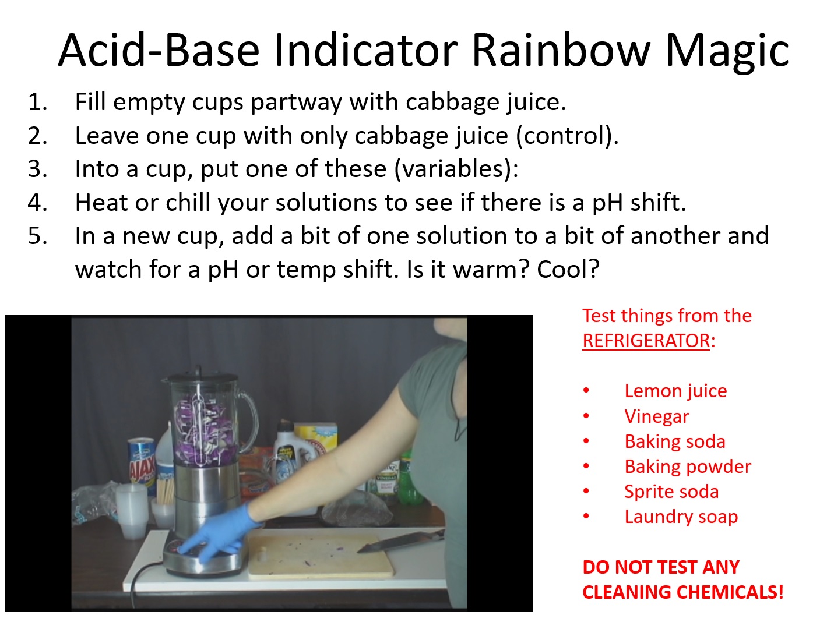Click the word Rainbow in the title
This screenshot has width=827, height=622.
point(561,50)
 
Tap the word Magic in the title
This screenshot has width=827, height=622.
point(727,53)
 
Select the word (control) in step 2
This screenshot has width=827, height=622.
point(566,136)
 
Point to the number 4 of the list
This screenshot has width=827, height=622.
point(37,202)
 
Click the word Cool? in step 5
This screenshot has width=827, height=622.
point(568,269)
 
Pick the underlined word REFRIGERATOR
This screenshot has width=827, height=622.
point(646,341)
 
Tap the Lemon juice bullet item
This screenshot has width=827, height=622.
point(675,391)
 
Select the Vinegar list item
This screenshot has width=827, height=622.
point(657,416)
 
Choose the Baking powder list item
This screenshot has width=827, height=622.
point(688,467)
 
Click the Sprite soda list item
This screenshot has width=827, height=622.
point(671,492)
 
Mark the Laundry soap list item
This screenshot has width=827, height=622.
point(681,517)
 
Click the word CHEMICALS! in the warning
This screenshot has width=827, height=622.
point(730,592)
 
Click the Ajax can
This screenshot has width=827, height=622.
point(142,464)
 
